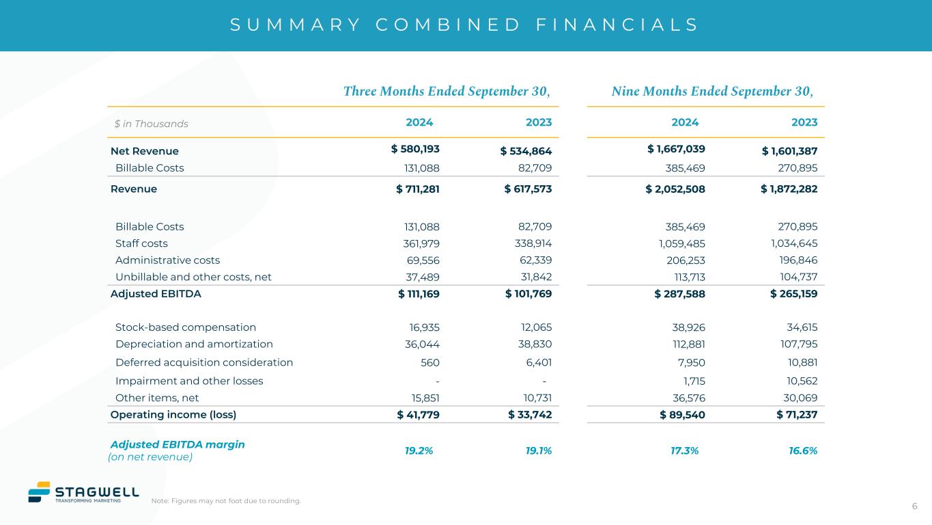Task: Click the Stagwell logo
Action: (83, 492)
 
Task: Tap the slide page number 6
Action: (914, 506)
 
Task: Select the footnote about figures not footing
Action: (226, 501)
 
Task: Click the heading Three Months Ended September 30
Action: (447, 91)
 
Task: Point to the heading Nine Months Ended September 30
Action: (713, 91)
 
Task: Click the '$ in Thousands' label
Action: (151, 124)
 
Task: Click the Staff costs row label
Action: (141, 243)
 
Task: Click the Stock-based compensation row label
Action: (186, 327)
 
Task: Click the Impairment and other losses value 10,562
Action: (798, 381)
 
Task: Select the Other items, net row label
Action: (157, 397)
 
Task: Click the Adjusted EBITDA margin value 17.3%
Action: (685, 450)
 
